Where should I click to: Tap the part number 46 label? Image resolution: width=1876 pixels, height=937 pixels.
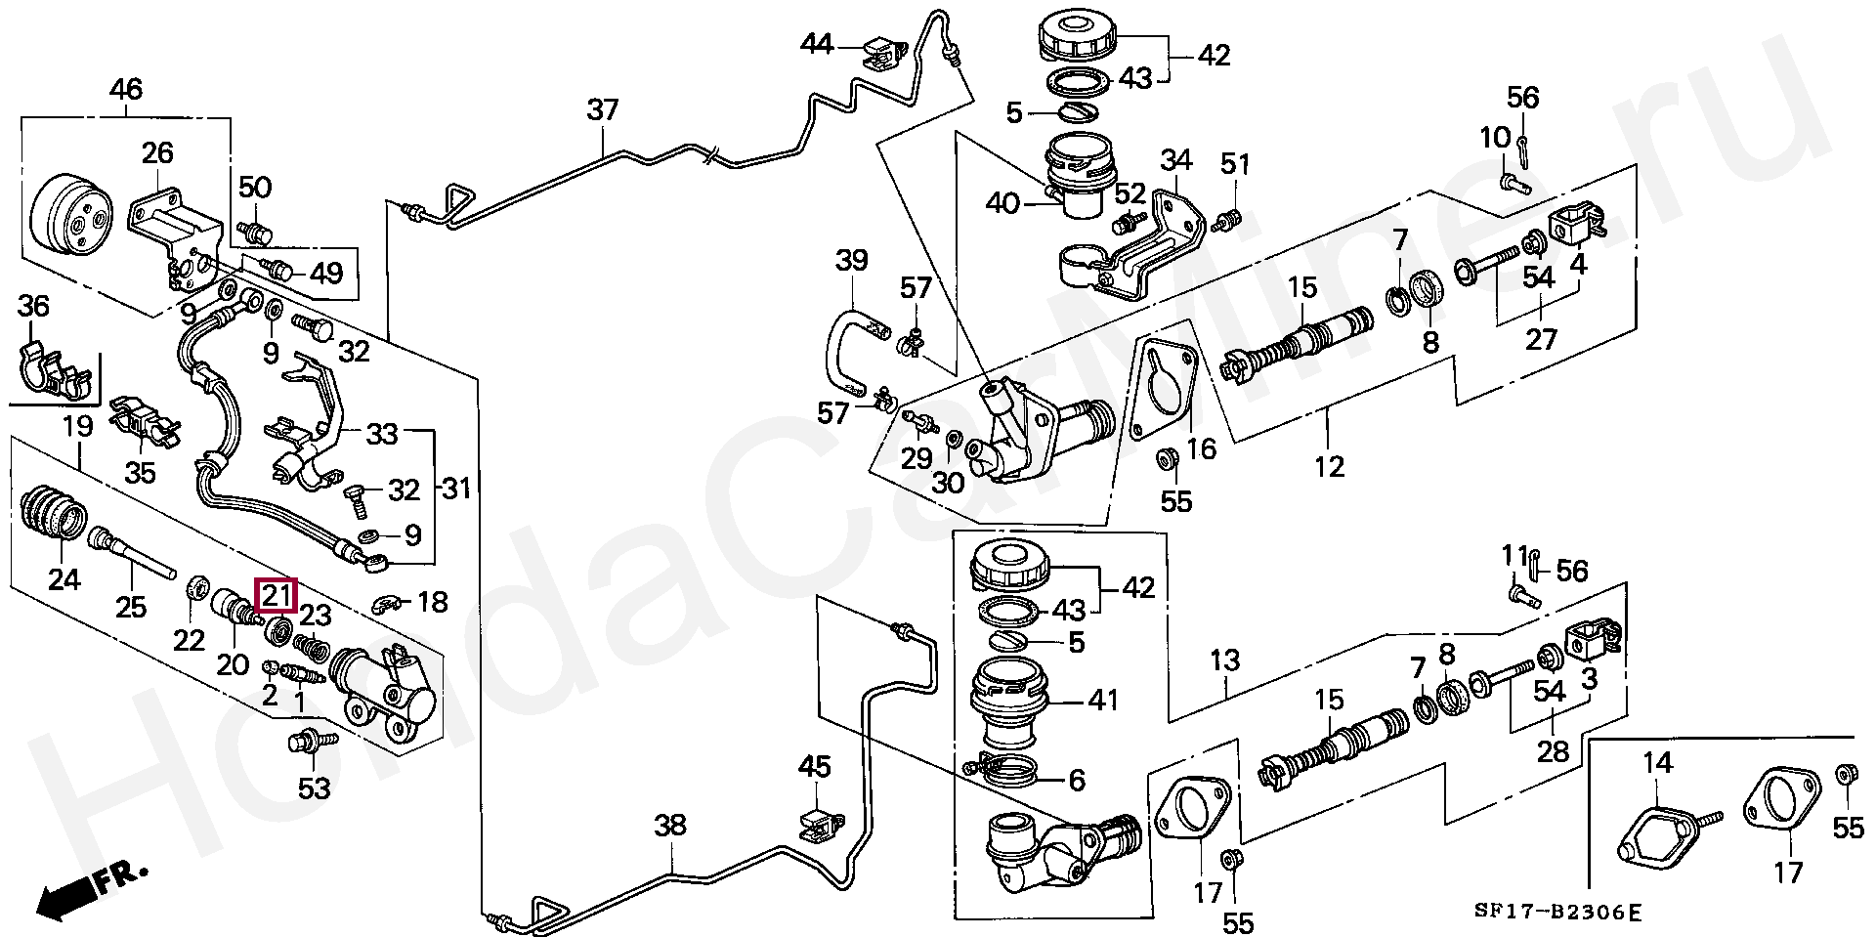coord(125,91)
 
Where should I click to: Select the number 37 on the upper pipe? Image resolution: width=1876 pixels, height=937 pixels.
coord(603,109)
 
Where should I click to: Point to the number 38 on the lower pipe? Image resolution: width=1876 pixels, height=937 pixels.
coord(670,826)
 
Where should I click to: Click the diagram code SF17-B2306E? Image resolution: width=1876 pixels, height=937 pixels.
coord(1558,914)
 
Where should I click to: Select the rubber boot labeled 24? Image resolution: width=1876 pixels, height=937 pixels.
coord(55,511)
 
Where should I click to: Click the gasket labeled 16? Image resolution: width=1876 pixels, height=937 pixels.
coord(1161,391)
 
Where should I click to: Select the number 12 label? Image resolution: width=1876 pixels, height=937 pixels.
coord(1329,466)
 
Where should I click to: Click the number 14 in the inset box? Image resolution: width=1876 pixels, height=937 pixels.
coord(1657,762)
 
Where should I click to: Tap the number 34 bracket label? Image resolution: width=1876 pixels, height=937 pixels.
coord(1176,158)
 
